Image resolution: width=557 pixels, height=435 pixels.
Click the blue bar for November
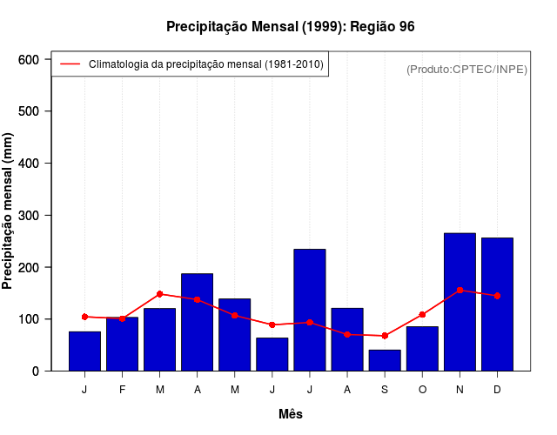(460, 302)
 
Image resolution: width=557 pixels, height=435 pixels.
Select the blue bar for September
(385, 360)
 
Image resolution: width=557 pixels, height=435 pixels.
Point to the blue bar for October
(422, 348)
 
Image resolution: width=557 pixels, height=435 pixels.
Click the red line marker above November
(460, 290)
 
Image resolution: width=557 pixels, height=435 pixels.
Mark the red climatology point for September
(385, 336)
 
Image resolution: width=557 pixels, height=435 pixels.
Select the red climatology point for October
(422, 314)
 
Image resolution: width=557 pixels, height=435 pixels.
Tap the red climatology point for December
(497, 296)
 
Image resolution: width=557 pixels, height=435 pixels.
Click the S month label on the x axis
(385, 390)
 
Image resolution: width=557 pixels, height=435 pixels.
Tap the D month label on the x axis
(497, 390)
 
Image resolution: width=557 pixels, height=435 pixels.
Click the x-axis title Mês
(291, 414)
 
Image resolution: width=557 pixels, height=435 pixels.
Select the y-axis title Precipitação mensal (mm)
(9, 211)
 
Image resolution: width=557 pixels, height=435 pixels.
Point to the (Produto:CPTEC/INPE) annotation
(466, 70)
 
